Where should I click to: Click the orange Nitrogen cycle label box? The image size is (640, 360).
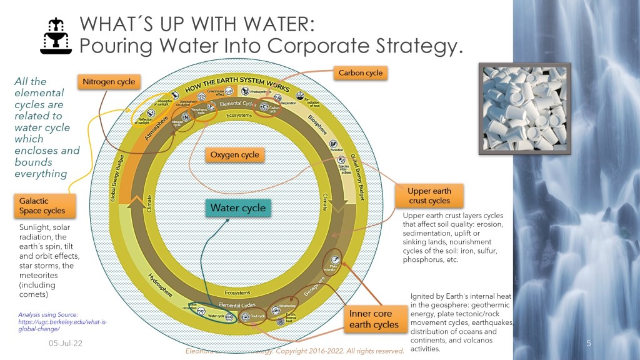click(106, 81)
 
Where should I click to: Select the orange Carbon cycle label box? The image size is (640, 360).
click(360, 73)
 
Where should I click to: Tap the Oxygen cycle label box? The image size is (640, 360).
click(234, 154)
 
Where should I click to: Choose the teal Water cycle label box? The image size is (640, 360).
click(237, 208)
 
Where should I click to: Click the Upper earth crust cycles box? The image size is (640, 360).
click(429, 196)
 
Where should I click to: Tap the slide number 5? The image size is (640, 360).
click(588, 343)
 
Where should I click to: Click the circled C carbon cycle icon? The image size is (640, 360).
click(264, 107)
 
